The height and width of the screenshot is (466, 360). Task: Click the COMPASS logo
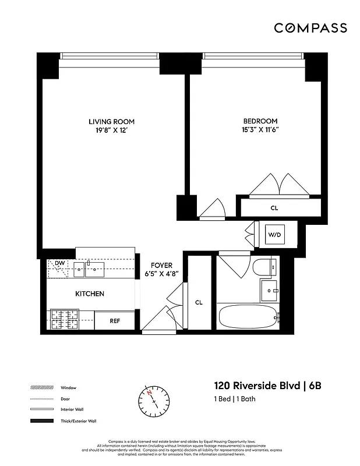310,28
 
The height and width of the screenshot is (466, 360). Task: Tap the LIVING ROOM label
111,122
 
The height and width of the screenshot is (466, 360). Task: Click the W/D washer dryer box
274,235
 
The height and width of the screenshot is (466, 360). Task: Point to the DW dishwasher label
59,264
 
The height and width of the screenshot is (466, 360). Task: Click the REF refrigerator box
115,320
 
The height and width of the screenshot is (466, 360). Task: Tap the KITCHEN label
89,294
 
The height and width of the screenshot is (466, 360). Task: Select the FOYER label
161,264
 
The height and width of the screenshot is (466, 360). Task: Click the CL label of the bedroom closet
274,207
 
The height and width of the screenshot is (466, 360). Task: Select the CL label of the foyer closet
199,302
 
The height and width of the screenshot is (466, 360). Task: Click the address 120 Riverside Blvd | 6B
269,386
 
